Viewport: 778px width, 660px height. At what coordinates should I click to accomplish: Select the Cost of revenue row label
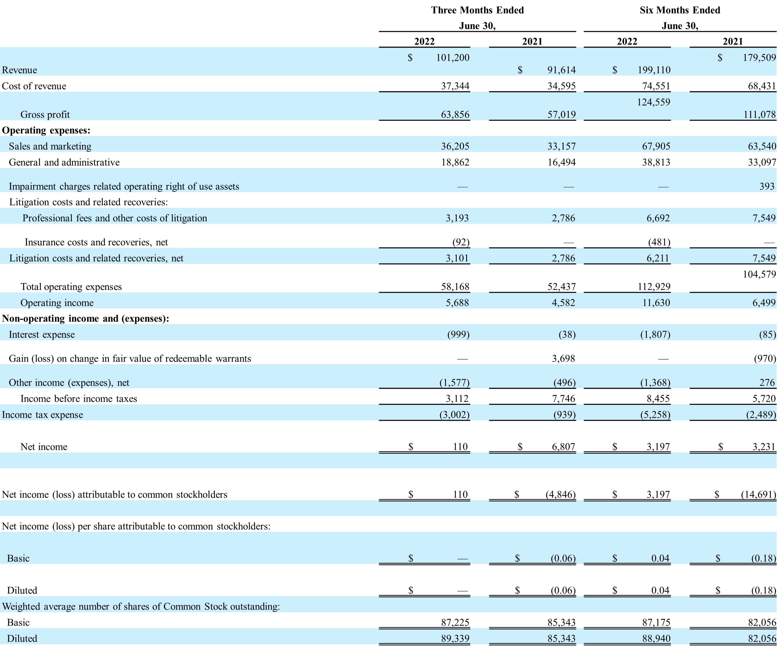(x=34, y=86)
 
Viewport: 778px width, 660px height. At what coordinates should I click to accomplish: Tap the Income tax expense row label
(x=42, y=415)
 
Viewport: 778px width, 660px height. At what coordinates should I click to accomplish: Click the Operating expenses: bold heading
(x=46, y=130)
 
